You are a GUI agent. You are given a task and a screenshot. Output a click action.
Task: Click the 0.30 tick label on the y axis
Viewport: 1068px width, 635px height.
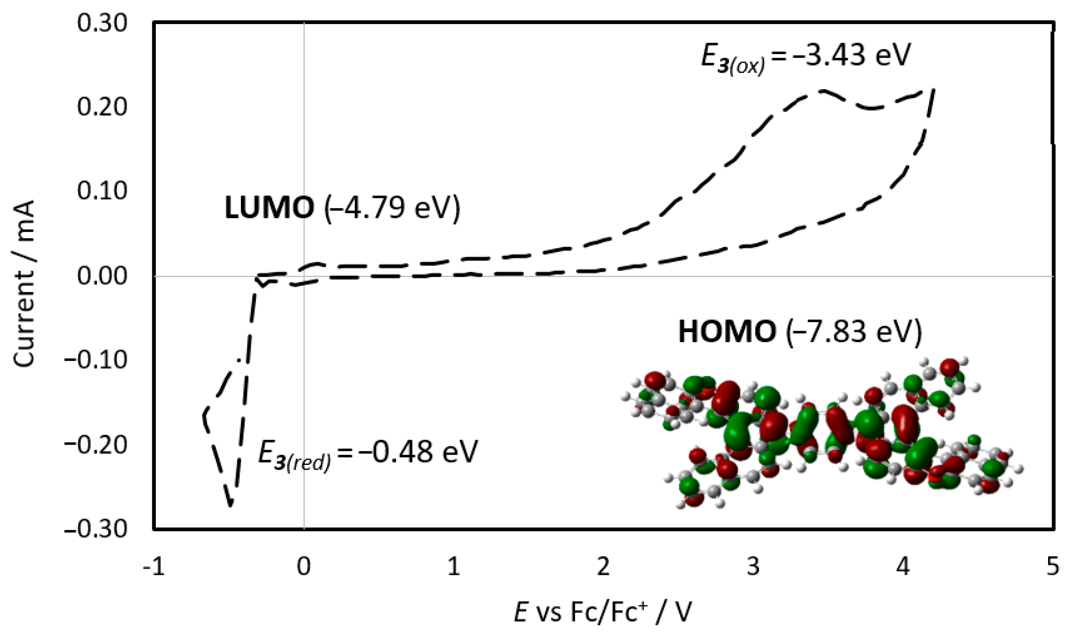point(96,23)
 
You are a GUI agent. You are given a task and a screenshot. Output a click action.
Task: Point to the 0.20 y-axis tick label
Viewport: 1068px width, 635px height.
point(96,107)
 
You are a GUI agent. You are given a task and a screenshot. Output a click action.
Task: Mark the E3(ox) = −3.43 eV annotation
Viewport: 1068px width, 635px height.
point(803,57)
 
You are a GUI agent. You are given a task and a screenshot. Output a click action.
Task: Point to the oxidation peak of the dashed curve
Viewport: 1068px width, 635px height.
point(819,91)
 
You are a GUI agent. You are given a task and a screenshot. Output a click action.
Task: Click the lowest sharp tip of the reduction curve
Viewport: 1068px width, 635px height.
point(231,505)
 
